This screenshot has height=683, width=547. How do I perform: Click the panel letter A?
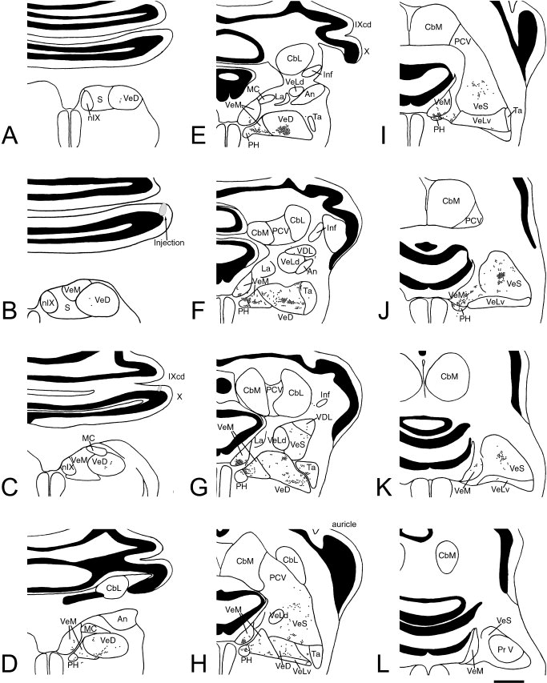tap(10, 135)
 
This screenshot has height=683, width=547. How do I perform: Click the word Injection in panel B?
tap(169, 243)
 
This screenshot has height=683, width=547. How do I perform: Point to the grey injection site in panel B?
tap(163, 209)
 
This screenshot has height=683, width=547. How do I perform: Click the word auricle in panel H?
tap(344, 524)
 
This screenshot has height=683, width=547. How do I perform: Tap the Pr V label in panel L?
tap(505, 649)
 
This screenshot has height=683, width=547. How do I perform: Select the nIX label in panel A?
tap(94, 117)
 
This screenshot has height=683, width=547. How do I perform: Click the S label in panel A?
tap(100, 99)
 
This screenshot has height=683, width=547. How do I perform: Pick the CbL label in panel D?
tap(115, 588)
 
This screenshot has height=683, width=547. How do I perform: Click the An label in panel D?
tap(123, 618)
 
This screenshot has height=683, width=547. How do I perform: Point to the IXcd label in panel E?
tap(363, 25)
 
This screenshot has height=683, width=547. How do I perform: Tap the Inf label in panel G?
tap(325, 395)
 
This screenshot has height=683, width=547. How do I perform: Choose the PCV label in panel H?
tap(277, 577)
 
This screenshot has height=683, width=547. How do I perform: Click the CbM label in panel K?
tap(449, 376)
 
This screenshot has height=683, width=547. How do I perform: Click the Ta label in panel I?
tap(517, 110)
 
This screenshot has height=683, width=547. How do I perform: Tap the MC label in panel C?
tap(88, 437)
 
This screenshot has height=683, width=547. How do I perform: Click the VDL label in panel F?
tap(304, 251)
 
